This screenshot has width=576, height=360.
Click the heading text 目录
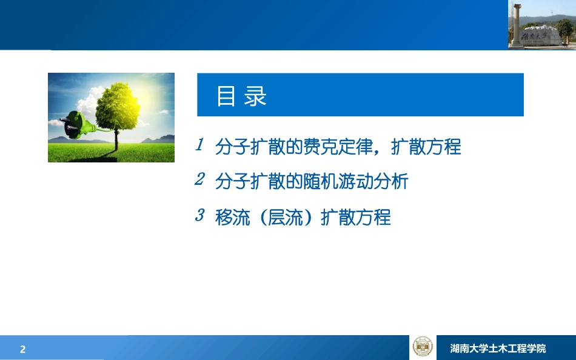point(242,96)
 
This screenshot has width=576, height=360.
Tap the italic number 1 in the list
point(199,145)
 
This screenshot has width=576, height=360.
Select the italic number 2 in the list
point(199,180)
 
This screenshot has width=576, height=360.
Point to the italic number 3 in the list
point(199,215)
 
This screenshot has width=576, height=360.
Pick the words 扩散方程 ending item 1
point(426,147)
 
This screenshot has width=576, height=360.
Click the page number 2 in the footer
point(23,349)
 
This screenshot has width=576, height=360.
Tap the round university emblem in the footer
point(423,347)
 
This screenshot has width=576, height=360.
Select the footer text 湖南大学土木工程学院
point(498,348)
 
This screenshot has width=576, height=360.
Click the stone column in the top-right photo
point(516,24)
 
